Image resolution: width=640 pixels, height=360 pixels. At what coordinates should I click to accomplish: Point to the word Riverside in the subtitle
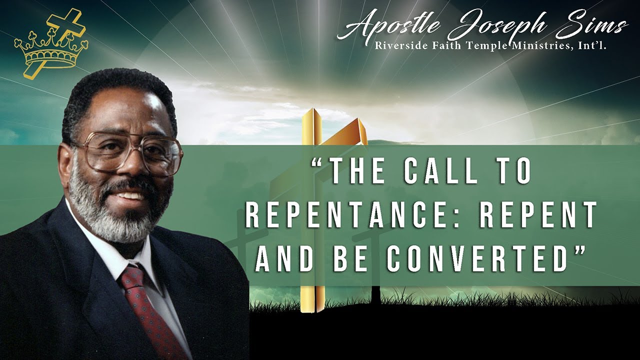pos(398,46)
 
